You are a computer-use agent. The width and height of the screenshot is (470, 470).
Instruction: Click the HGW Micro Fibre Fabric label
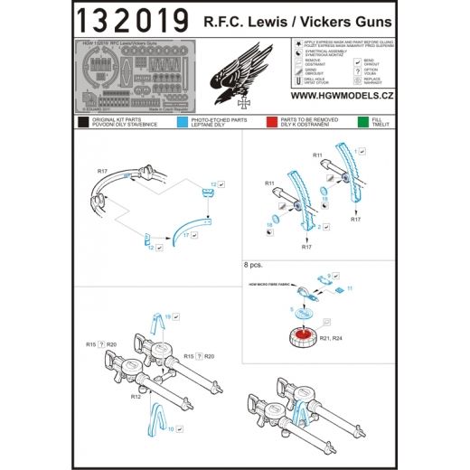272,284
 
